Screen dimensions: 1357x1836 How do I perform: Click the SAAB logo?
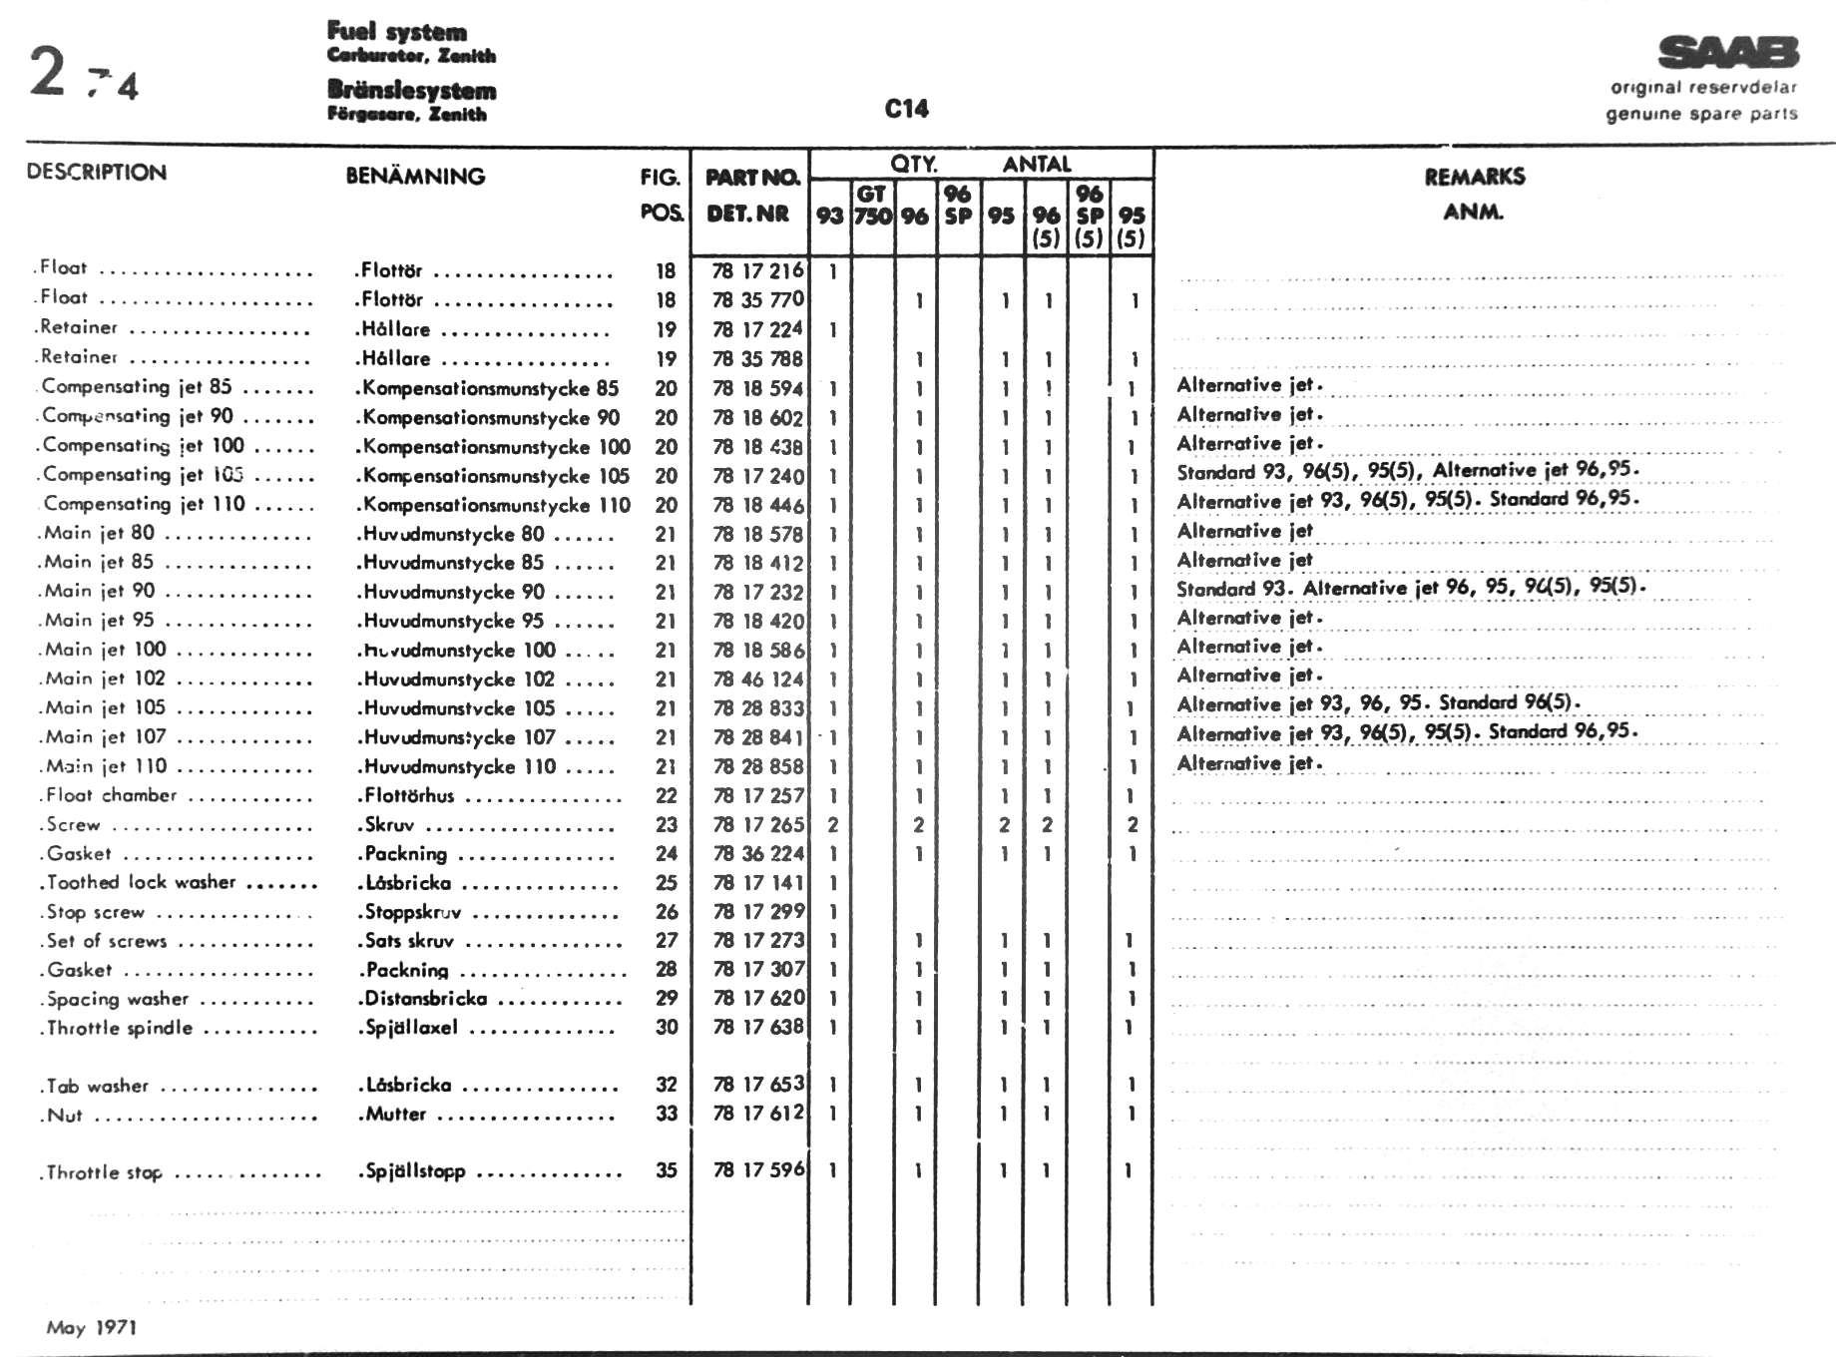click(x=1727, y=52)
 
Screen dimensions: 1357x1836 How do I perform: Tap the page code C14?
click(x=906, y=109)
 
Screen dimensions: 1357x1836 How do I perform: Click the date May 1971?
click(x=91, y=1327)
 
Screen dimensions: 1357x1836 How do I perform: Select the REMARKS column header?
click(x=1474, y=178)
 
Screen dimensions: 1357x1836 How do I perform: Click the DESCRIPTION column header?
click(x=97, y=173)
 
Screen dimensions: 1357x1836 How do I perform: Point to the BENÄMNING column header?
click(x=415, y=177)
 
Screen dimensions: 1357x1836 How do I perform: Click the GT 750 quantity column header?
click(x=872, y=206)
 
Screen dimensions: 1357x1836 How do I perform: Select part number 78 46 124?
click(x=757, y=679)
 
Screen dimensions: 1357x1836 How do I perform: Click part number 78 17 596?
click(x=757, y=1170)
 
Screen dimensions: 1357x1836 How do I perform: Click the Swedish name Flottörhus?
click(x=409, y=795)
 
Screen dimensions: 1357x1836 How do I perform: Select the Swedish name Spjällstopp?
click(x=415, y=1170)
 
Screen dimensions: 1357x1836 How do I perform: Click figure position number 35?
click(x=666, y=1170)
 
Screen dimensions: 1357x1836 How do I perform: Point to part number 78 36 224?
click(x=757, y=854)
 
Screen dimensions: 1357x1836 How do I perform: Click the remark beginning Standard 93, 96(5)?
click(x=1407, y=471)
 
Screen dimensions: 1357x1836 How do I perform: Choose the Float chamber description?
click(x=112, y=795)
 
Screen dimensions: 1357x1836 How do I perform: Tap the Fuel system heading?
click(x=397, y=32)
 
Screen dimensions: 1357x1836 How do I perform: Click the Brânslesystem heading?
click(x=411, y=90)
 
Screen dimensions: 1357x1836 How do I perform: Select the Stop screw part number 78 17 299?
click(x=757, y=912)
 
